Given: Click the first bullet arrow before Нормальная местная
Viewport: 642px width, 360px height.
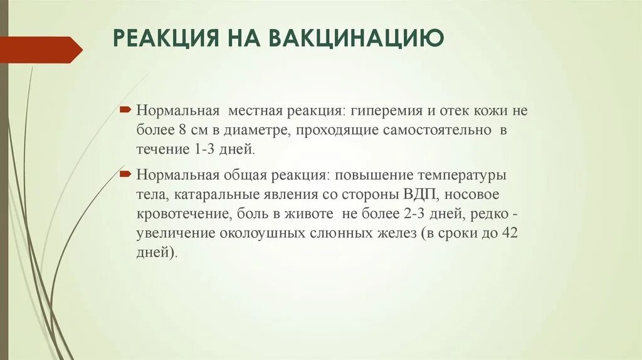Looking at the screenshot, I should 125,110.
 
